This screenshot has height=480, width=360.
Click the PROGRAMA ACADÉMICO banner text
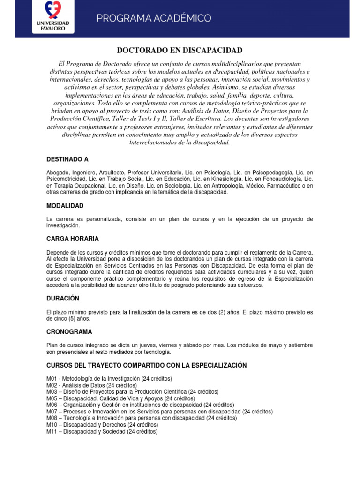154,18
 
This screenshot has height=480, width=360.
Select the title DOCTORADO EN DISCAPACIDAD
180,50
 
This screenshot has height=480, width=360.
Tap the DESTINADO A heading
67,159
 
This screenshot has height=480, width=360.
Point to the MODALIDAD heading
65,206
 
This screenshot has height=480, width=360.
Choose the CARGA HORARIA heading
73,239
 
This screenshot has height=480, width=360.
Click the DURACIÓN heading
63,298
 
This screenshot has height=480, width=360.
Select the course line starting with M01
109,378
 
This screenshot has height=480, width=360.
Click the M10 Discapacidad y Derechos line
102,425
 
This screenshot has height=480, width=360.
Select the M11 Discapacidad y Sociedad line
102,431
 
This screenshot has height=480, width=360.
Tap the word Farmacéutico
288,186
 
